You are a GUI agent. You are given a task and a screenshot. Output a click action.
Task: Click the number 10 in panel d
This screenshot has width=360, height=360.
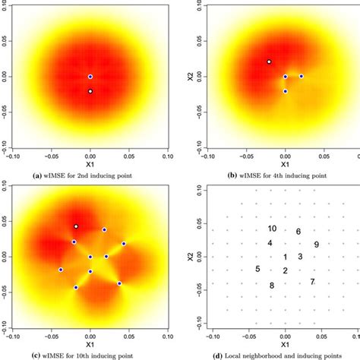pos(271,229)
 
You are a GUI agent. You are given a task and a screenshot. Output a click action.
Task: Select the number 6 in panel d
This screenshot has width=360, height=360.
pos(298,232)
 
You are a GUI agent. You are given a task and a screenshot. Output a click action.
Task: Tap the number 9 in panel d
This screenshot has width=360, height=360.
pos(316,245)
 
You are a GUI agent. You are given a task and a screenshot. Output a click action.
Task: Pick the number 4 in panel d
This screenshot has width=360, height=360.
pos(270,243)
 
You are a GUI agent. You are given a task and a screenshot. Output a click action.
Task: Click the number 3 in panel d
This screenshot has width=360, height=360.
pos(300,257)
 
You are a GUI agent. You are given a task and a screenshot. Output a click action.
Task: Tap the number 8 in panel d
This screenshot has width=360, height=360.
pos(271,286)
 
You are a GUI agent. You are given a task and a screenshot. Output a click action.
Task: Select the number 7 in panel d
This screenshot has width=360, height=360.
pos(312,282)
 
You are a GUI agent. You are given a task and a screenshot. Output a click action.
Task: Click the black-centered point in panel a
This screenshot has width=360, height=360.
pos(90,91)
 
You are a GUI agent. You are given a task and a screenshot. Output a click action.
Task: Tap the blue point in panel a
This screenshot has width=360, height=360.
pos(90,77)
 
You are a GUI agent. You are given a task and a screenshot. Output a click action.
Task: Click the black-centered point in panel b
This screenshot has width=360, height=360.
pos(269,62)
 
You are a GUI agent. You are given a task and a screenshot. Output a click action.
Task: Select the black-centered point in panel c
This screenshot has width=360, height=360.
pos(76,226)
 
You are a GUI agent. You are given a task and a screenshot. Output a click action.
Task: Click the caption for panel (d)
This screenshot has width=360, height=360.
pos(274,356)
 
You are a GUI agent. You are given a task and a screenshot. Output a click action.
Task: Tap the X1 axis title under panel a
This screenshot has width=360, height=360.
pos(90,163)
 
